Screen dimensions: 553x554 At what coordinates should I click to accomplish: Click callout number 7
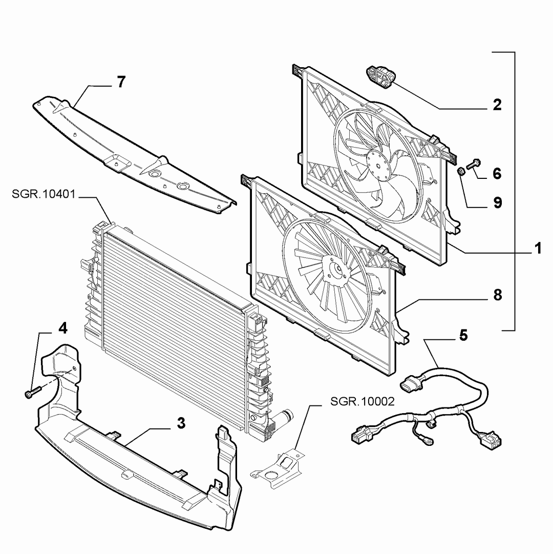tap(121, 82)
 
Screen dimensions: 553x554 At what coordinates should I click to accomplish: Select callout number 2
tap(497, 105)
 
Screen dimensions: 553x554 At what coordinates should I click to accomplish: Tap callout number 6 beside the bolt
tap(497, 174)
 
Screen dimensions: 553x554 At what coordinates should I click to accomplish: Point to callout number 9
tap(498, 203)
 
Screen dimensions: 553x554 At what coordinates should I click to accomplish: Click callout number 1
tap(538, 248)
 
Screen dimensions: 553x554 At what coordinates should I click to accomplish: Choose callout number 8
tap(498, 295)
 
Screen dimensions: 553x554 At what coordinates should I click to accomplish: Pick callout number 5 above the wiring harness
tap(463, 335)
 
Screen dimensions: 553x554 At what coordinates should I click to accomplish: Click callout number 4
tap(62, 328)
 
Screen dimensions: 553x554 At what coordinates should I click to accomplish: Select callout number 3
tap(181, 423)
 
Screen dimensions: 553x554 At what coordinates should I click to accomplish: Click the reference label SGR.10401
tap(44, 194)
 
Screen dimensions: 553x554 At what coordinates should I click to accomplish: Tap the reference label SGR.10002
tap(363, 401)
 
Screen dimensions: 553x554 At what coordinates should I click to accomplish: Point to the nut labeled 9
tap(460, 172)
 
